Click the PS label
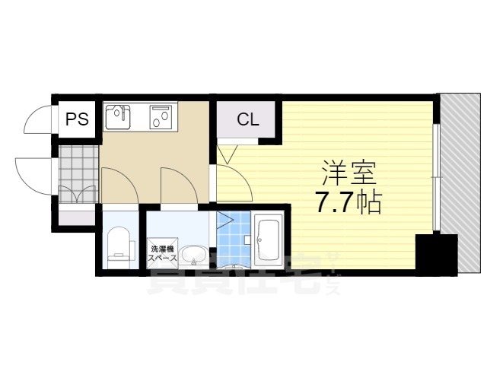[75, 119]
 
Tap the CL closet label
[247, 119]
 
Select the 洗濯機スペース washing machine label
[163, 252]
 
